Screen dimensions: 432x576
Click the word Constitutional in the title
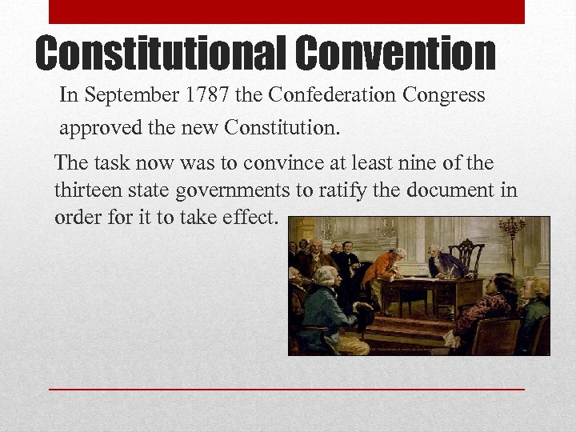(160, 53)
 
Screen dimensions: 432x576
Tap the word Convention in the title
(395, 53)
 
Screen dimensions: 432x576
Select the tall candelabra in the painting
(510, 240)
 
